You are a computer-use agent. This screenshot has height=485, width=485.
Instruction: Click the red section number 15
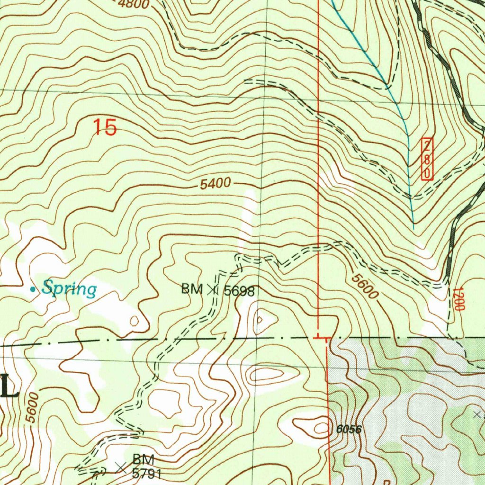coord(105,127)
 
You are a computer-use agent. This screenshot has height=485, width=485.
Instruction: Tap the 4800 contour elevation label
coord(134,5)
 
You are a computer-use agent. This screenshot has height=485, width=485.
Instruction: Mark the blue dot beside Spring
coord(32,288)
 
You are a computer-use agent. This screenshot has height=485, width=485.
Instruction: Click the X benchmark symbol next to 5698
coord(213,290)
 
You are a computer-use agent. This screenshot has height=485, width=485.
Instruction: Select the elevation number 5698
coord(239,291)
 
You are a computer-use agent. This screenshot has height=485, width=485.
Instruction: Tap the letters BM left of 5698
coord(192,289)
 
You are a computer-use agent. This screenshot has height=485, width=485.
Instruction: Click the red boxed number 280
coord(427,159)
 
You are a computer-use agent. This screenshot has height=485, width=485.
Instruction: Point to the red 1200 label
coord(457,299)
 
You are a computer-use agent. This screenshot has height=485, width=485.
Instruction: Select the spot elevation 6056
coord(350,430)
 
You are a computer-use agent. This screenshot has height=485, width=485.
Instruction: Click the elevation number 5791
coord(147,473)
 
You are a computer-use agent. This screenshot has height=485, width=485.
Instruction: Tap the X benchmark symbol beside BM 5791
coord(121,468)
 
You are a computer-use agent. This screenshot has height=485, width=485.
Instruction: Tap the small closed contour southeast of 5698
coord(260,320)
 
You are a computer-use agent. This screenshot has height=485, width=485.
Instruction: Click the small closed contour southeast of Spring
coord(134,321)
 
